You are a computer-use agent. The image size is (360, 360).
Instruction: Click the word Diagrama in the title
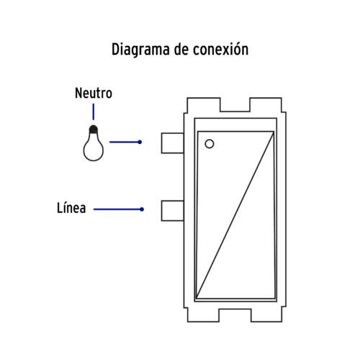click(x=140, y=50)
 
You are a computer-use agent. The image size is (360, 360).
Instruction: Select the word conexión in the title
click(x=221, y=49)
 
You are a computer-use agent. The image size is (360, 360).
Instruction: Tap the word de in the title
click(x=181, y=49)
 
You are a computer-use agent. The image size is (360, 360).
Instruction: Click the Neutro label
click(x=94, y=93)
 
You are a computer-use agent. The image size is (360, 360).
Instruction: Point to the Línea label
click(x=71, y=208)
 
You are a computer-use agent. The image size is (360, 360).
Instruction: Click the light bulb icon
click(x=94, y=143)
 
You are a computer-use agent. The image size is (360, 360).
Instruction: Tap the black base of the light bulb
click(x=94, y=129)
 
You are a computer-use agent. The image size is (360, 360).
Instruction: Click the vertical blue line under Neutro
click(x=94, y=112)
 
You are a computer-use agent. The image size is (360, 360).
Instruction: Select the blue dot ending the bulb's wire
click(x=140, y=142)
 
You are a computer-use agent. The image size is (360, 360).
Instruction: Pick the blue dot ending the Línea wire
click(x=142, y=210)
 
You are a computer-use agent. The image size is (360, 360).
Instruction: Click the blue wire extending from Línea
click(x=117, y=210)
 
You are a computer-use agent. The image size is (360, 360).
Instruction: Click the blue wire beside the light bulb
click(x=124, y=142)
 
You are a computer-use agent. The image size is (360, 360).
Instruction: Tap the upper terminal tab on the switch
click(x=173, y=143)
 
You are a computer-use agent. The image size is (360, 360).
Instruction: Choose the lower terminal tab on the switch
click(x=173, y=210)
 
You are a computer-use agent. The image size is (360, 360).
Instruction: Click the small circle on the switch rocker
click(x=210, y=144)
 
